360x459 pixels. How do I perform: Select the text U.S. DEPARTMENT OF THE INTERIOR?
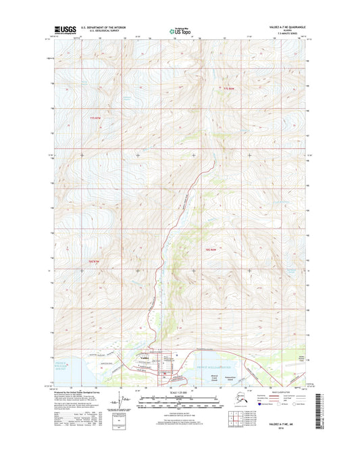103,27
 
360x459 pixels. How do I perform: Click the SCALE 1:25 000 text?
180,393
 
